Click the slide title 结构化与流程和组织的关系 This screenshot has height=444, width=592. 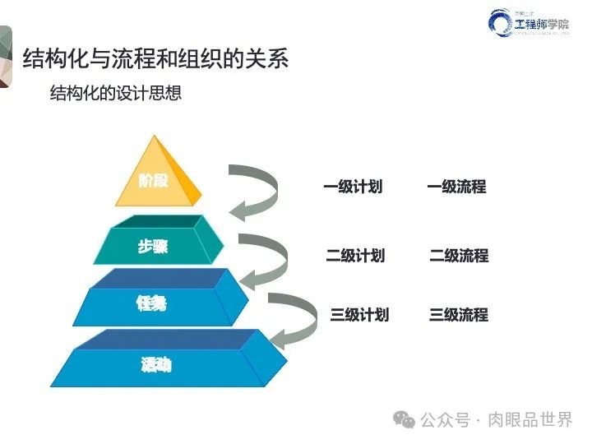(155, 60)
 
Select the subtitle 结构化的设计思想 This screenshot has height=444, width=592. (116, 93)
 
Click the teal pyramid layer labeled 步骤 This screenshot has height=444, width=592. (154, 245)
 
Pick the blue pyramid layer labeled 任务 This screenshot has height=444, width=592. (152, 303)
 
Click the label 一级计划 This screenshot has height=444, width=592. (353, 187)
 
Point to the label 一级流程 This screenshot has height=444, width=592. (456, 187)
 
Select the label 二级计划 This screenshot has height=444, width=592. (355, 255)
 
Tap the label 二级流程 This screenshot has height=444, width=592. (459, 255)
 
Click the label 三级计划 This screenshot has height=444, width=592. (359, 314)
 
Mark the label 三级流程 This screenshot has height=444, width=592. (459, 314)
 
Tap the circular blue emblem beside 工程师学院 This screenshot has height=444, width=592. (502, 24)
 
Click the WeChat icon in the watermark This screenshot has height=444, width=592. (405, 419)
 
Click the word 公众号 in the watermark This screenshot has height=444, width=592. (444, 419)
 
